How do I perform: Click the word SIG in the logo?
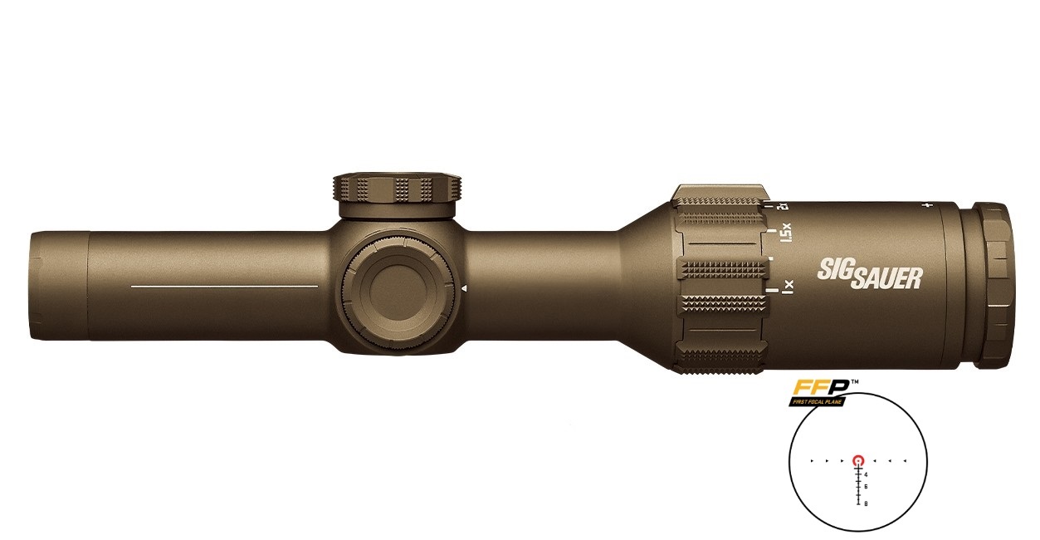[x=832, y=268]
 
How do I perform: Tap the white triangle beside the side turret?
[x=464, y=288]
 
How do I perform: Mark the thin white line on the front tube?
[x=224, y=286]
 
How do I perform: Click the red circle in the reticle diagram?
[x=858, y=459]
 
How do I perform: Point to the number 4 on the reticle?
[x=867, y=474]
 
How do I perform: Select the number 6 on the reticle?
[x=867, y=486]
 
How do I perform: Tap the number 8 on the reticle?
[x=867, y=503]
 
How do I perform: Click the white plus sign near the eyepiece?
[x=928, y=204]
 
